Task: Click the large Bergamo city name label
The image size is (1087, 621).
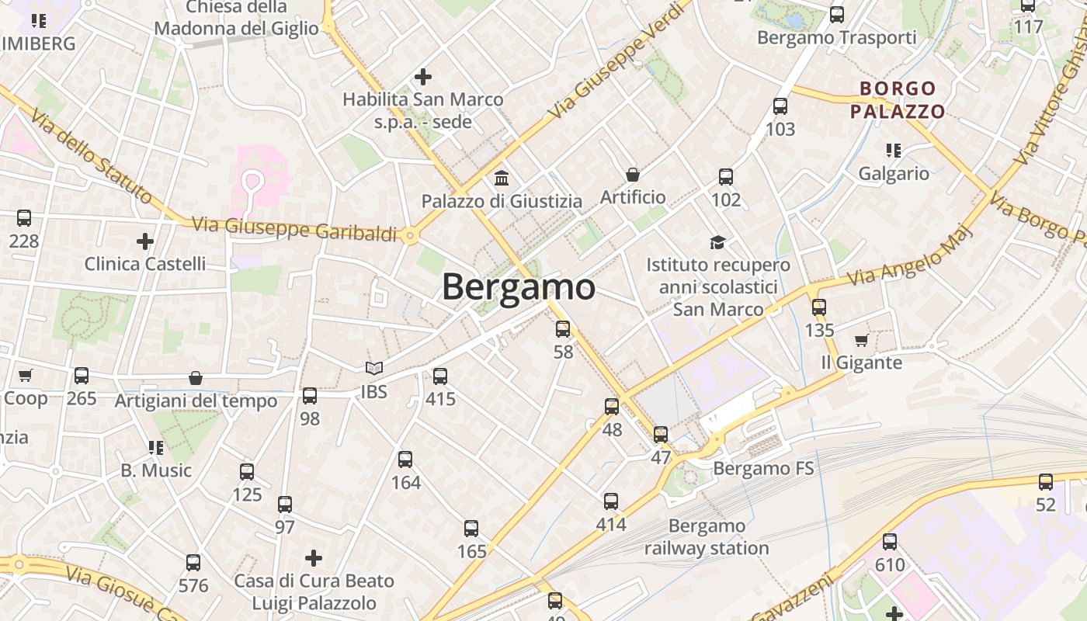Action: [519, 287]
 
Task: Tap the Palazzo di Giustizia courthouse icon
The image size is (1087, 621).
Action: [502, 179]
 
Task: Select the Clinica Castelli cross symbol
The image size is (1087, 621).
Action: [145, 241]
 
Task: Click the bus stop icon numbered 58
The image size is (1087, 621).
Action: [563, 329]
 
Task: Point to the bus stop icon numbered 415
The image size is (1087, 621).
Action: [440, 376]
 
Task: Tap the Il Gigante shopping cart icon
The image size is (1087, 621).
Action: [861, 341]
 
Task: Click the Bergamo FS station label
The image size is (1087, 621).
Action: [763, 468]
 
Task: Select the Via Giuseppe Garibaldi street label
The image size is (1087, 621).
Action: [294, 228]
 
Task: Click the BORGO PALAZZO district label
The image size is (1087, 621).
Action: [898, 99]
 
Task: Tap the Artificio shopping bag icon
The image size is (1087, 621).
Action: [633, 175]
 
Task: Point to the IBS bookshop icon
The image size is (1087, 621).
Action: [374, 369]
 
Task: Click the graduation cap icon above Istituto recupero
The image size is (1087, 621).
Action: [717, 242]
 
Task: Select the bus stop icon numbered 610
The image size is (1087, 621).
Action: [890, 542]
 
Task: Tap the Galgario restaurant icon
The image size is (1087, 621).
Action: [893, 151]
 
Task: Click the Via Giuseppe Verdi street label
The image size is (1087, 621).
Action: [619, 61]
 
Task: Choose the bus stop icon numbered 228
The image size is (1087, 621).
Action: [24, 218]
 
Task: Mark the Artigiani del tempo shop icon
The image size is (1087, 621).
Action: [196, 379]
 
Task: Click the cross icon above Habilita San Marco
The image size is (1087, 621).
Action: [423, 77]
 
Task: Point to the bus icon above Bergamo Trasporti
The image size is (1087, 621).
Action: [837, 14]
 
